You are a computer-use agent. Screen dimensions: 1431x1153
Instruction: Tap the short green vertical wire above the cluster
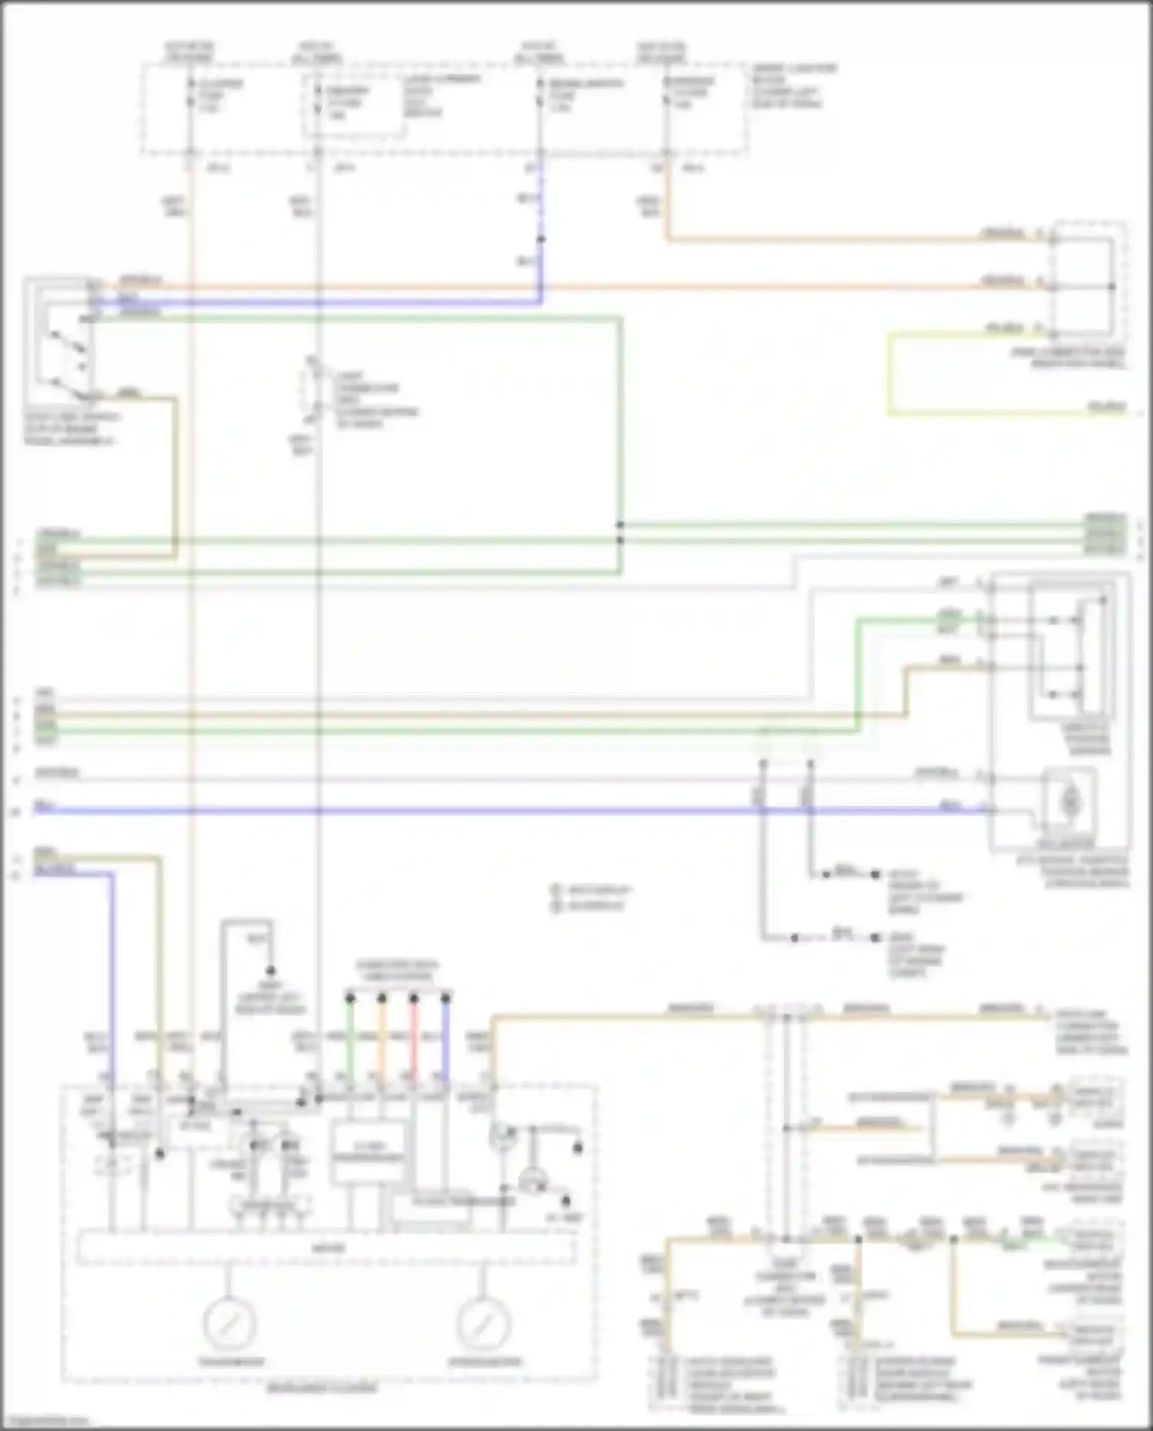[x=350, y=1038]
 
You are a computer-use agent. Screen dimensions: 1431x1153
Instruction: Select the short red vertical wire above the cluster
[x=414, y=1038]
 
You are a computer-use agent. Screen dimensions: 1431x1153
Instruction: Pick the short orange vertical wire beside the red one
[x=382, y=1038]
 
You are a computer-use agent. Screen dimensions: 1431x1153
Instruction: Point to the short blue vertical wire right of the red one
[x=445, y=1038]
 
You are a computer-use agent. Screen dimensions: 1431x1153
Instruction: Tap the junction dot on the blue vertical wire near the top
[x=540, y=239]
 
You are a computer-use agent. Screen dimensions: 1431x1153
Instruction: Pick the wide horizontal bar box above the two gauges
[x=326, y=1247]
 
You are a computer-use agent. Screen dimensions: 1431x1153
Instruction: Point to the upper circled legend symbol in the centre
[x=556, y=890]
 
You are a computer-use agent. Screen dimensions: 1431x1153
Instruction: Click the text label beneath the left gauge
[x=231, y=1362]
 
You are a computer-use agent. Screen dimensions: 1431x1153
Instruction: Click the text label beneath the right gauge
[x=484, y=1362]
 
